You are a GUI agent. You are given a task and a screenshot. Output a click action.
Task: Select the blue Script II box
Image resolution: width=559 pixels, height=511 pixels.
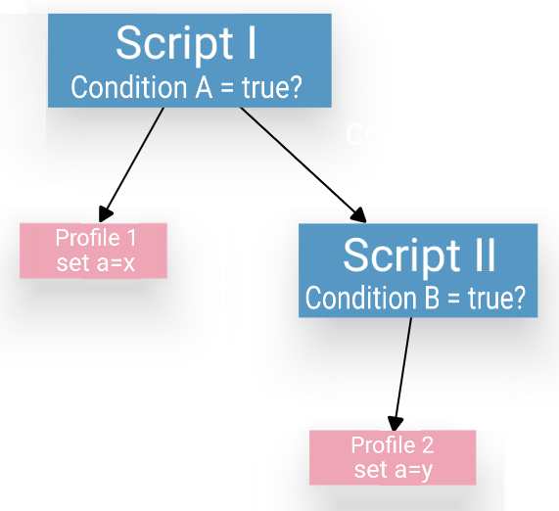click(x=418, y=270)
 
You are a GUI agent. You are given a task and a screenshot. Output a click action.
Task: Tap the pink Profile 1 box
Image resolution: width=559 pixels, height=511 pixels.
click(x=93, y=251)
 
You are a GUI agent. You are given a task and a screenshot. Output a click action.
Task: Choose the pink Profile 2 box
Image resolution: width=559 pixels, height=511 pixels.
click(x=392, y=457)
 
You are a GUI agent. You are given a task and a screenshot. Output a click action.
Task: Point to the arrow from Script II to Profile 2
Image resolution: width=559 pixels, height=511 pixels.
click(x=403, y=371)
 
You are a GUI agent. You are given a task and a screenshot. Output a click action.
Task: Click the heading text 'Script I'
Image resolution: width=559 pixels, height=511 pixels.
click(x=185, y=42)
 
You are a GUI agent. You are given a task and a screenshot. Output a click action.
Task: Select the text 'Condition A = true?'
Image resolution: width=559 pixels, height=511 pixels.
click(x=186, y=87)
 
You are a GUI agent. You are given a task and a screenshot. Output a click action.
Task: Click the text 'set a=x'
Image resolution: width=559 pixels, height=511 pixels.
click(x=93, y=263)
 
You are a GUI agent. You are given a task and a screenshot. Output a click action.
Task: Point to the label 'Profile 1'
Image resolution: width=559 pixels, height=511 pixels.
click(x=96, y=239)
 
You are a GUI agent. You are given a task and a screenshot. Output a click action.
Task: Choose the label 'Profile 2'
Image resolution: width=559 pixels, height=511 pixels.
click(x=393, y=445)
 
